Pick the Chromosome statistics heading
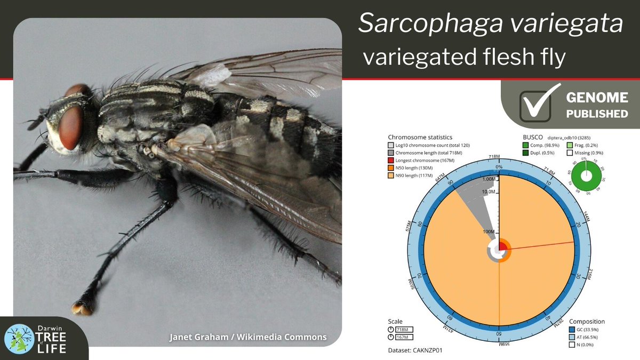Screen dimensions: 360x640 pos(420,137)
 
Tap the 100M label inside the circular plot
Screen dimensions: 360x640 pos(488,233)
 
